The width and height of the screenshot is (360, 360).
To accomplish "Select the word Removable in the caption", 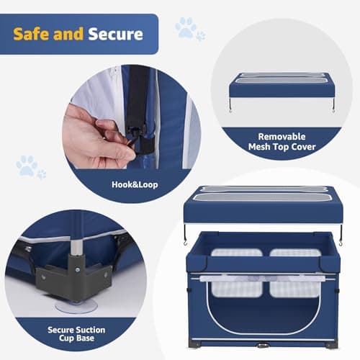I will click(282, 136).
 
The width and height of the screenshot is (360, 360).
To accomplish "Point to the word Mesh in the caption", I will click(261, 149).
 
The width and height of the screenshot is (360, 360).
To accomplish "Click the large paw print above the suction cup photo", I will click(26, 166).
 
